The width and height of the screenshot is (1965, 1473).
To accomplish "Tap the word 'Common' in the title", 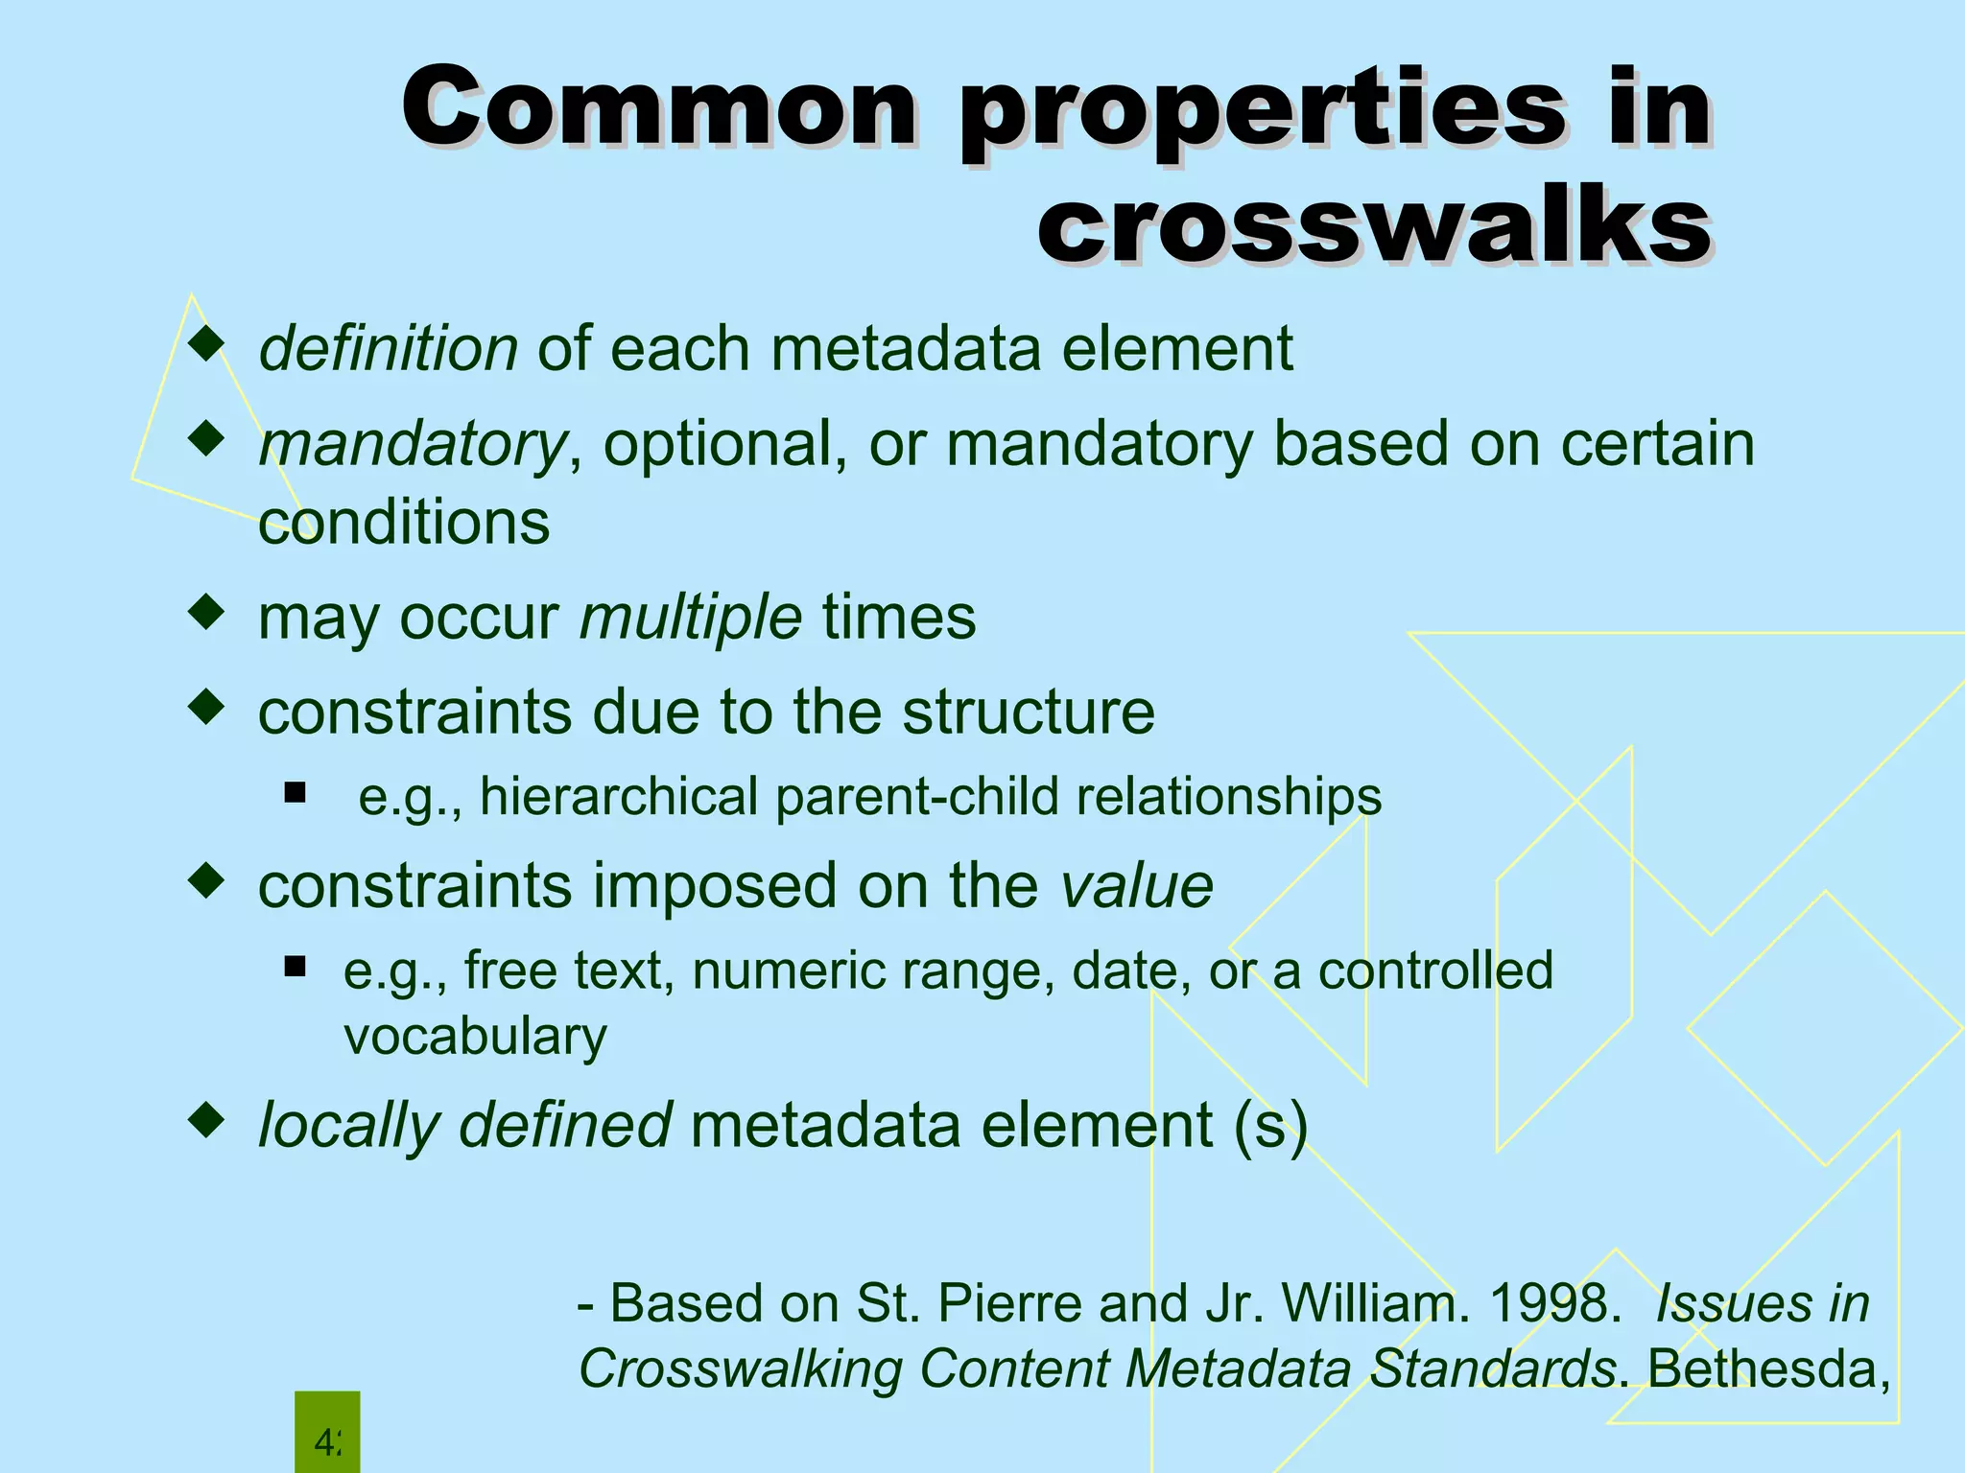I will pos(660,107).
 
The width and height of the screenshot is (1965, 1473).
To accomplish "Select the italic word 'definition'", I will pos(389,347).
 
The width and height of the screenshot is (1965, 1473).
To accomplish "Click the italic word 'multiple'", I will pos(691,616).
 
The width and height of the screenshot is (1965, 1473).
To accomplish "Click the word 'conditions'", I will pos(404,522).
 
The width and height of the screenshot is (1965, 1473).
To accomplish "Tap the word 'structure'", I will pos(1029,712).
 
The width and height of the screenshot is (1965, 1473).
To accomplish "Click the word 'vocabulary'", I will pos(475,1036).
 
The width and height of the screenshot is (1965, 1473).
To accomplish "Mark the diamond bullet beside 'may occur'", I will pos(206,612).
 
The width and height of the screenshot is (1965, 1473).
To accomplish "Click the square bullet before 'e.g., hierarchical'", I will pos(295,792).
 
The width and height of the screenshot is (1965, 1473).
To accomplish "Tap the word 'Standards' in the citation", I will pos(1493,1368).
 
